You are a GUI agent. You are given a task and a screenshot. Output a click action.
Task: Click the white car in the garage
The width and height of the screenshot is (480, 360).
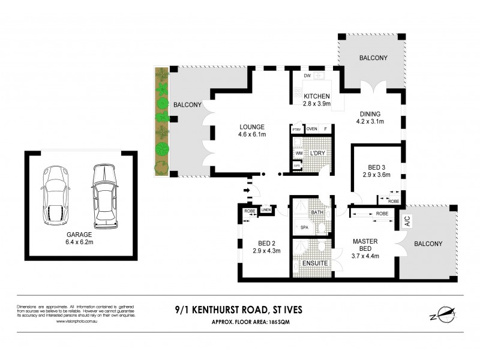click(103, 196)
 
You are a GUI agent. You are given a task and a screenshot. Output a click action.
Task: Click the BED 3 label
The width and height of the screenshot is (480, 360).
click(376, 171)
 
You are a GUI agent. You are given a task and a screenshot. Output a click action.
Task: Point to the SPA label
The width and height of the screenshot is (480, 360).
click(304, 227)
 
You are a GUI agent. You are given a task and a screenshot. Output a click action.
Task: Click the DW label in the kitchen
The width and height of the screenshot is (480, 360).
click(307, 76)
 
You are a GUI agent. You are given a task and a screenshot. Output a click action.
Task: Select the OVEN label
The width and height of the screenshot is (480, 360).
click(311, 129)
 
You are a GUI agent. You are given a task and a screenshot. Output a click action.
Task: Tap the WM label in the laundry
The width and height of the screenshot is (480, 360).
click(299, 154)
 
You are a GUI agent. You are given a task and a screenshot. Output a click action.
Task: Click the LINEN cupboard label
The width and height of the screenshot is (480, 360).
click(266, 210)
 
